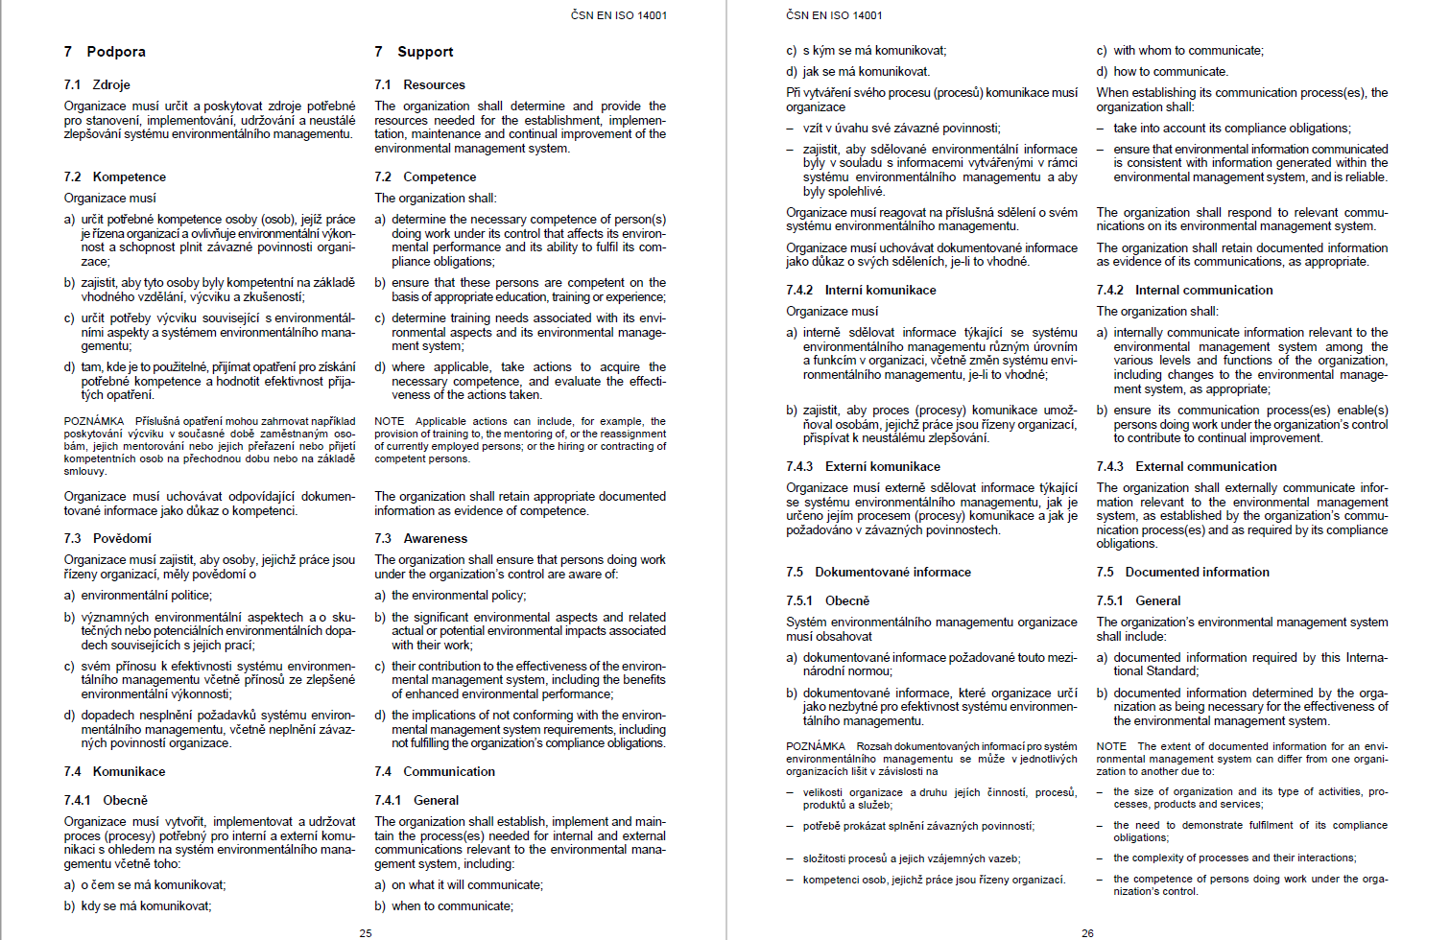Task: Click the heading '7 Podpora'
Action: [105, 52]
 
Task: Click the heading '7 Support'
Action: [414, 52]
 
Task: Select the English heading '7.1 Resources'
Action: [419, 85]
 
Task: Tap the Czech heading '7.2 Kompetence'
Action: [115, 177]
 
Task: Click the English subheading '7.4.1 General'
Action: [416, 801]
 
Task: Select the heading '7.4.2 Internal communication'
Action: [1184, 291]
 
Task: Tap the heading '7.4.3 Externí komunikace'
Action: [863, 467]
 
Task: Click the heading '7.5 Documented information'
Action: [1182, 573]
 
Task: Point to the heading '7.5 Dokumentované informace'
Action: [878, 573]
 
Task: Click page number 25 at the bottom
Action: [366, 932]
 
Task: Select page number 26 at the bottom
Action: [1087, 932]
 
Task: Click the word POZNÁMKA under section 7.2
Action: [94, 421]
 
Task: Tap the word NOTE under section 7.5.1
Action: [1111, 746]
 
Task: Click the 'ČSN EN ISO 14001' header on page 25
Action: [619, 15]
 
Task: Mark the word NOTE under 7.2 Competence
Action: [389, 421]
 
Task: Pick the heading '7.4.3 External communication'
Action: [1186, 467]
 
